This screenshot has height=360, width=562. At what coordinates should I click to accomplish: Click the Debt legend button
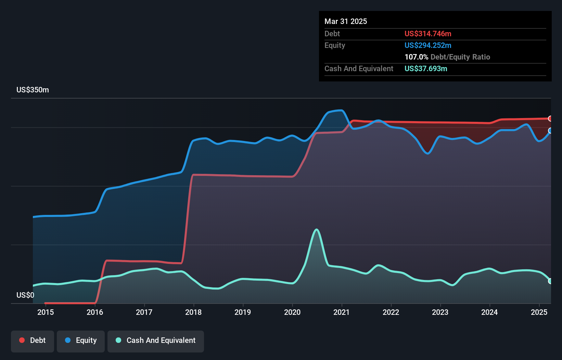[33, 340]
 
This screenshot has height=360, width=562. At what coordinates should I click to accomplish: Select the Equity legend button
[81, 340]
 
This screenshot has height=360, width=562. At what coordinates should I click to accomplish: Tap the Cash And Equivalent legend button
[156, 340]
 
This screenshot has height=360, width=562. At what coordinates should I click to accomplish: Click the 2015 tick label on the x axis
[46, 312]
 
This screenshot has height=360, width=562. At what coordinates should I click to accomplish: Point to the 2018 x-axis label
[193, 312]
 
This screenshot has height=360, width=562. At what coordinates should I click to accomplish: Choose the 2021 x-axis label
[342, 312]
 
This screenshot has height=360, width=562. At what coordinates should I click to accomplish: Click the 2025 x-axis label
[539, 312]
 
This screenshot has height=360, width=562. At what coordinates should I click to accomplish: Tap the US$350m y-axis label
[33, 90]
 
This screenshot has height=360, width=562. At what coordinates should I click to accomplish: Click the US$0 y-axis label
[25, 295]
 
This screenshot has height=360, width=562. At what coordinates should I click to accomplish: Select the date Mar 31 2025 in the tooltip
[346, 21]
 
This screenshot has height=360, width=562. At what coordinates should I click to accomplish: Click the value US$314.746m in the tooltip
[428, 34]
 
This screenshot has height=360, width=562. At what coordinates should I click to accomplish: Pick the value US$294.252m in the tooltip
[428, 45]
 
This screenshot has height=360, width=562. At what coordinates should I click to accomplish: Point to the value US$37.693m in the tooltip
[426, 68]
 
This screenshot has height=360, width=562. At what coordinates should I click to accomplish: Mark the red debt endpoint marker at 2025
[550, 118]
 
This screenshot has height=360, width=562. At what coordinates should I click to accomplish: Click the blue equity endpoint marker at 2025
[550, 131]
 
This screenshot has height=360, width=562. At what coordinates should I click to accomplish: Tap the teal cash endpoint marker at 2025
[550, 281]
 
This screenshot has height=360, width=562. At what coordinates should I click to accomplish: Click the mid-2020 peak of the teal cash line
[317, 230]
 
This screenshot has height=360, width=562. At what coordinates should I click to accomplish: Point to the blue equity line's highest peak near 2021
[341, 110]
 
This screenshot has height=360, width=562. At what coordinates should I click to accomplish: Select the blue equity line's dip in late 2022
[428, 153]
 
